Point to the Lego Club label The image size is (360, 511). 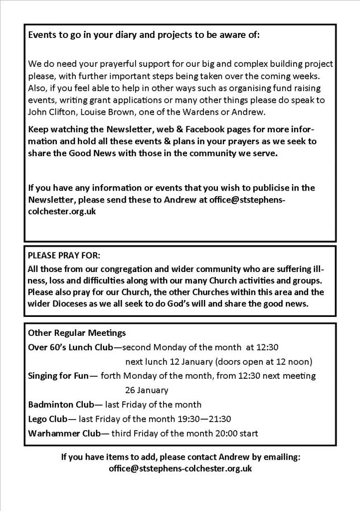(48, 419)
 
